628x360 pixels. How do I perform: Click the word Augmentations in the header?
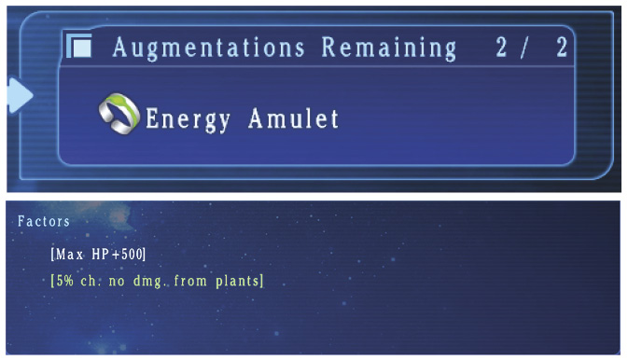point(209,48)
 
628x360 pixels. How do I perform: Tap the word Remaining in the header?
point(389,48)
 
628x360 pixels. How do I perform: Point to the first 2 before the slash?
point(501,48)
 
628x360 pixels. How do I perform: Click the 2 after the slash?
point(562,48)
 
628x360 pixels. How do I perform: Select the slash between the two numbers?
point(524,48)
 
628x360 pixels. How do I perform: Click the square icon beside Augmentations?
point(79,46)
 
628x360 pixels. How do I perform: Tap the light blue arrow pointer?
point(20,95)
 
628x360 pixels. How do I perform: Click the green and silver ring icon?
point(119,114)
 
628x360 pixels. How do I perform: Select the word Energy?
point(188,119)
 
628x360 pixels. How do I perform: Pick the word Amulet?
point(293,118)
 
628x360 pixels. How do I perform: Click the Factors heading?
point(44,221)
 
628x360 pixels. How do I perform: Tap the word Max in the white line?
point(69,255)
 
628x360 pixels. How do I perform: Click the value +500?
point(127,255)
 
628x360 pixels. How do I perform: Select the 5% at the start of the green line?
point(65,281)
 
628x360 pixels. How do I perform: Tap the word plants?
point(238,281)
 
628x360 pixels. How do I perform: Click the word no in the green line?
point(117,282)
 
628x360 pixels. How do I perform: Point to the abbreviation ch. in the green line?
point(89,281)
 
